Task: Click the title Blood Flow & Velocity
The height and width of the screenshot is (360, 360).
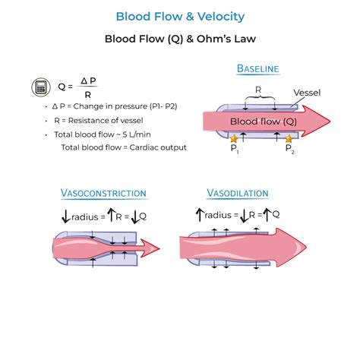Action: (x=180, y=16)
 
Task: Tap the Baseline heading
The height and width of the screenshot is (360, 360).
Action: (x=257, y=69)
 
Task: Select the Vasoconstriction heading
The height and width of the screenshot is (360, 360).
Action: (x=103, y=195)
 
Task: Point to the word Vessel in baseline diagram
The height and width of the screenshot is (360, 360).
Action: (x=306, y=93)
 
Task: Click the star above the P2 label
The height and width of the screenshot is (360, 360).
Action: (x=289, y=139)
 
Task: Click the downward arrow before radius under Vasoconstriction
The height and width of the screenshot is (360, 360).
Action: (x=66, y=216)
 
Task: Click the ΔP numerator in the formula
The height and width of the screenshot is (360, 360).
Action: (x=87, y=80)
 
